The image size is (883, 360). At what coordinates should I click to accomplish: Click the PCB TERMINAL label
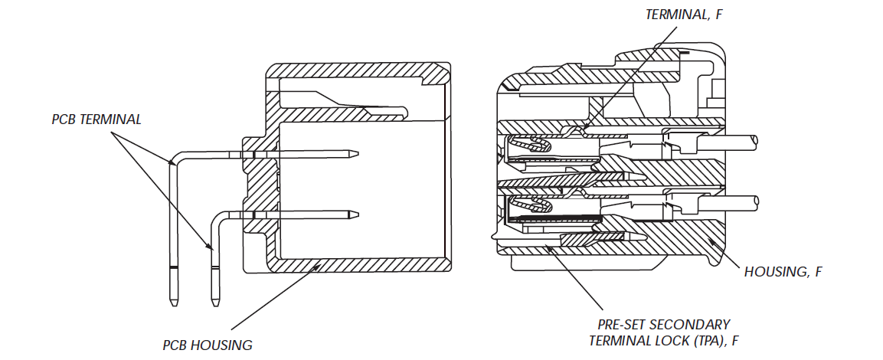pos(96,119)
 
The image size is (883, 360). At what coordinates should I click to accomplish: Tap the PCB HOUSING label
pos(208,345)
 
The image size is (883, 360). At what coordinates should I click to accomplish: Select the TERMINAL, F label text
pos(684,14)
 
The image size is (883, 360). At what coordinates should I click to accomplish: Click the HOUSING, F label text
pos(783,271)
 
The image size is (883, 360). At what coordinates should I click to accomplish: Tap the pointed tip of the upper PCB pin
pos(358,155)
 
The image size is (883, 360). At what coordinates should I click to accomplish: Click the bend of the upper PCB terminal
pos(175,159)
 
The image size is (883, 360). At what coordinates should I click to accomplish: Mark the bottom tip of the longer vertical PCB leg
pos(174,304)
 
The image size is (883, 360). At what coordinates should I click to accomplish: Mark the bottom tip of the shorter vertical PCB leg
pos(215,304)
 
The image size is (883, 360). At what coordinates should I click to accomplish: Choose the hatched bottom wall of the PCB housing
pos(360,265)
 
